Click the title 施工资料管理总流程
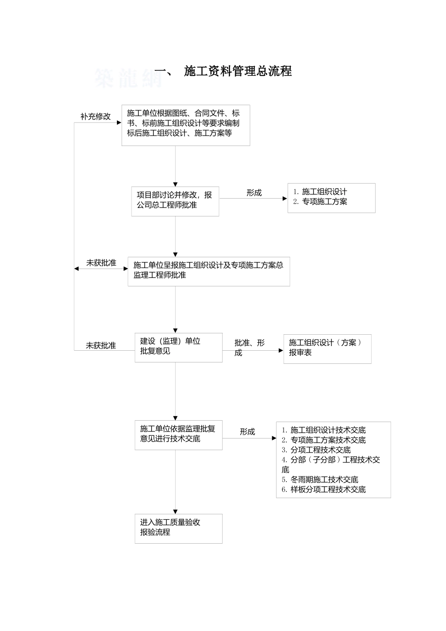238,71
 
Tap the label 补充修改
95,116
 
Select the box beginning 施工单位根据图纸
185,125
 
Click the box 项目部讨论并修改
175,201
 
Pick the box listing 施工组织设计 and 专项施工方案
331,198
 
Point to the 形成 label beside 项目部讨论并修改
254,192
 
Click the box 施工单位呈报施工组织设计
208,271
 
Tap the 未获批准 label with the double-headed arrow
101,263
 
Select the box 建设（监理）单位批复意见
178,347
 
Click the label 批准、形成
249,347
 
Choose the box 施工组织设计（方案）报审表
327,348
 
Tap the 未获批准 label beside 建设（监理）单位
100,346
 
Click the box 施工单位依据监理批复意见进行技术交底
178,435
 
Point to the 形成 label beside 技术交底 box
247,431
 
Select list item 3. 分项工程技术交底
316,450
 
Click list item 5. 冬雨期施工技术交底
320,479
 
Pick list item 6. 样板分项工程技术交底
323,489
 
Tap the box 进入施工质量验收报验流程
178,528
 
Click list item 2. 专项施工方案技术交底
323,440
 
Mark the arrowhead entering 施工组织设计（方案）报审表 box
281,350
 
